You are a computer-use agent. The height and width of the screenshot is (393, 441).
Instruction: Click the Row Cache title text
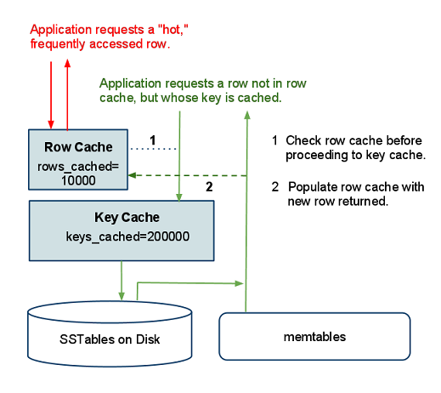pyautogui.click(x=78, y=147)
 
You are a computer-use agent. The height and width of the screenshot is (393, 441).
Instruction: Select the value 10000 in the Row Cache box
pyautogui.click(x=78, y=180)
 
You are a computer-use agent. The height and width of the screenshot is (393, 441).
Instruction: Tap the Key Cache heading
pyautogui.click(x=127, y=218)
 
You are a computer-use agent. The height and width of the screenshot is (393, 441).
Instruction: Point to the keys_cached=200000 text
pyautogui.click(x=127, y=236)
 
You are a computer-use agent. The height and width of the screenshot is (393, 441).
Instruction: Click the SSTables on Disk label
pyautogui.click(x=110, y=339)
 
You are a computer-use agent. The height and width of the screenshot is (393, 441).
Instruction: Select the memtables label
pyautogui.click(x=314, y=337)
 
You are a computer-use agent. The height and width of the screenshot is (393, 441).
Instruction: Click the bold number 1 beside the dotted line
pyautogui.click(x=153, y=140)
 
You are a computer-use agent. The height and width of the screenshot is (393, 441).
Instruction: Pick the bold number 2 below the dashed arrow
pyautogui.click(x=209, y=186)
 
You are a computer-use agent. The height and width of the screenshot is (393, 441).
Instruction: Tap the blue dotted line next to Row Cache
pyautogui.click(x=153, y=149)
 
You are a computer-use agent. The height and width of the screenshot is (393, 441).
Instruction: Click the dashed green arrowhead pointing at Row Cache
pyautogui.click(x=133, y=175)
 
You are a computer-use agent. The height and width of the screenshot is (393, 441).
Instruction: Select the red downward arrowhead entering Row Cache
pyautogui.click(x=51, y=124)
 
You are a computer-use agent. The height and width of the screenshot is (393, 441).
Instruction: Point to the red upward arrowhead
pyautogui.click(x=67, y=63)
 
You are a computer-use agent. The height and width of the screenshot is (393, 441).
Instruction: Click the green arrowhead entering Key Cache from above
pyautogui.click(x=179, y=197)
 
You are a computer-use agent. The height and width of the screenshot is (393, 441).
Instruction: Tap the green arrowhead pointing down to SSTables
pyautogui.click(x=122, y=296)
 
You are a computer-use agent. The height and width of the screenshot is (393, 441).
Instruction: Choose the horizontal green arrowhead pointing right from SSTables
pyautogui.click(x=239, y=283)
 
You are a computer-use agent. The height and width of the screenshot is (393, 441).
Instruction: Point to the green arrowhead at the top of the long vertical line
pyautogui.click(x=247, y=115)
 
